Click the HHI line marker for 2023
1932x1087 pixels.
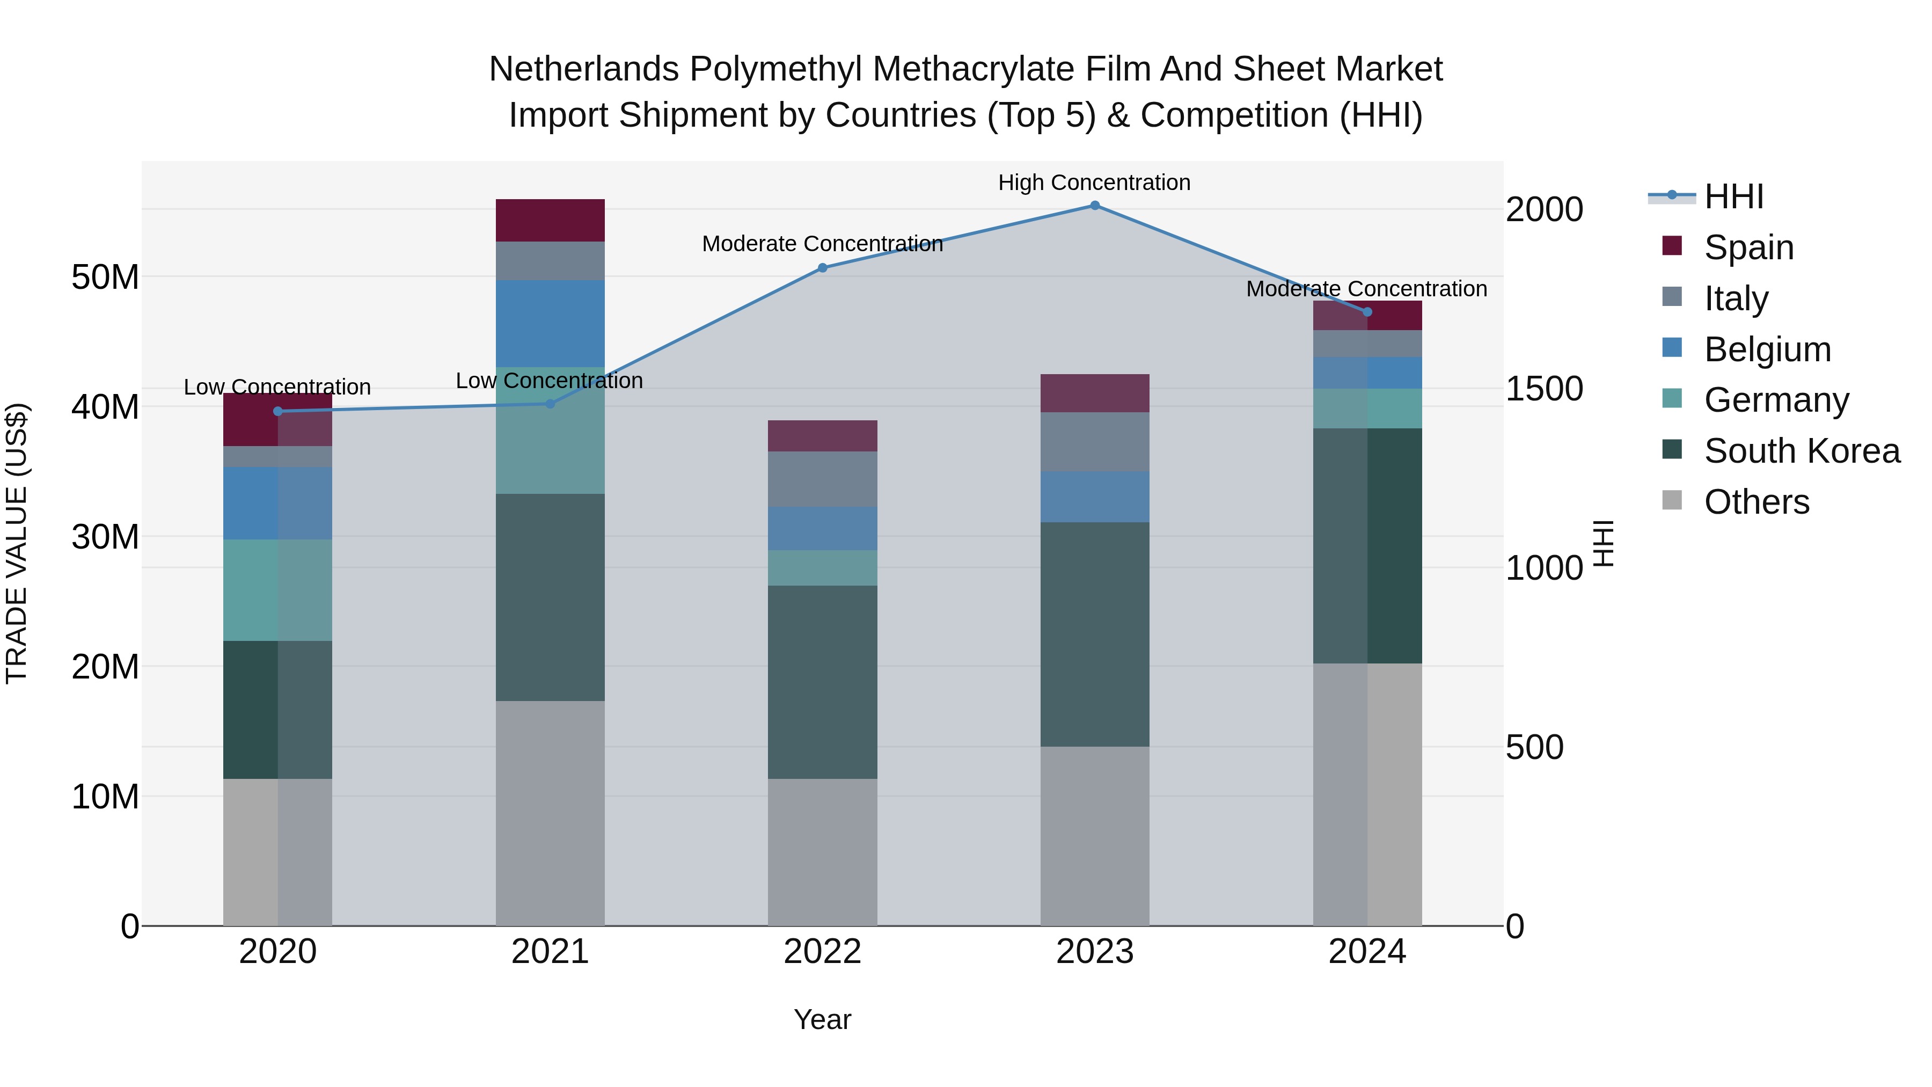click(x=1094, y=206)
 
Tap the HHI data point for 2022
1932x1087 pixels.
click(x=822, y=268)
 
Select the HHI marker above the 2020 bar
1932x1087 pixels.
click(x=277, y=411)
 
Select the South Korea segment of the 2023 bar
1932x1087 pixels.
click(x=1094, y=634)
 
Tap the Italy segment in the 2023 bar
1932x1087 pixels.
click(x=1094, y=441)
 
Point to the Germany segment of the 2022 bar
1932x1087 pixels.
click(x=822, y=568)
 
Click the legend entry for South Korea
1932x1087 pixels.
click(x=1802, y=451)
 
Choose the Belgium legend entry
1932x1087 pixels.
click(x=1767, y=349)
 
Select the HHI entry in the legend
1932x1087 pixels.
click(x=1733, y=196)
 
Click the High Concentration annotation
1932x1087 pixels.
click(x=1094, y=183)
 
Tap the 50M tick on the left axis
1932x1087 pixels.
click(x=105, y=277)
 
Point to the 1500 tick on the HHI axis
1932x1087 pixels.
click(x=1544, y=389)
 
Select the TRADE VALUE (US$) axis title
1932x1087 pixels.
click(x=17, y=543)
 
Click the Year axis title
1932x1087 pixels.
click(x=822, y=1019)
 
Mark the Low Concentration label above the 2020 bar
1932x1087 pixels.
click(x=277, y=387)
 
